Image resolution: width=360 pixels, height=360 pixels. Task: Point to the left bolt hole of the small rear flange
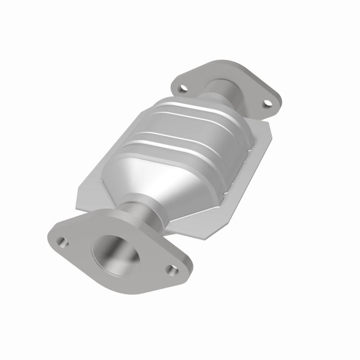182,88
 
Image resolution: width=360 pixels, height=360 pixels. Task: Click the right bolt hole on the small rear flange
268,103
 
